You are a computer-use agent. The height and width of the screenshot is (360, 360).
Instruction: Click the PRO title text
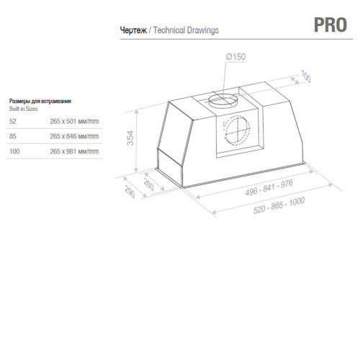[x=330, y=24]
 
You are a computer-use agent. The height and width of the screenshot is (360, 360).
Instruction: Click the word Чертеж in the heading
[x=133, y=30]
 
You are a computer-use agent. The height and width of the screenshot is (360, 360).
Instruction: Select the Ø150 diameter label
[x=235, y=57]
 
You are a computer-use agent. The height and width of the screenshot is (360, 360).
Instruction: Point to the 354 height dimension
[x=130, y=138]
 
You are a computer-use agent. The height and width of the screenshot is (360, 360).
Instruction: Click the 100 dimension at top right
[x=306, y=76]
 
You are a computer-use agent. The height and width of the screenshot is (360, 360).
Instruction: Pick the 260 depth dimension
[x=148, y=184]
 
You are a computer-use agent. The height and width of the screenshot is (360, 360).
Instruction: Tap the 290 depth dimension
[x=130, y=192]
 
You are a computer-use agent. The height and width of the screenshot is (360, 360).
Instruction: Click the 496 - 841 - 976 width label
[x=269, y=188]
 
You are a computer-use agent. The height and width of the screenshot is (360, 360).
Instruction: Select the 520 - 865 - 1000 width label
[x=279, y=205]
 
